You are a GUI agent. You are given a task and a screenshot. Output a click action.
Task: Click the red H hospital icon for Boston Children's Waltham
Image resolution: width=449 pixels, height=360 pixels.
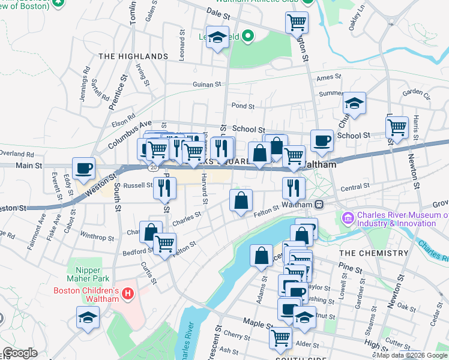(127, 293)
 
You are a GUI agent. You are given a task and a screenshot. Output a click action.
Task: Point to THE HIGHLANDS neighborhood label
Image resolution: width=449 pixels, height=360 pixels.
(133, 56)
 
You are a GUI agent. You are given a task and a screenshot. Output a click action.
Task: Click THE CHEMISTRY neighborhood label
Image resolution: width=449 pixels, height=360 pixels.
(374, 253)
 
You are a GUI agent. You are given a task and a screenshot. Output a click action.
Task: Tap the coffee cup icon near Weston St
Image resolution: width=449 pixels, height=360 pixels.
(83, 169)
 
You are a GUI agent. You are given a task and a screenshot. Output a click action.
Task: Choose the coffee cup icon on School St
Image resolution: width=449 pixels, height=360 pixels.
(322, 141)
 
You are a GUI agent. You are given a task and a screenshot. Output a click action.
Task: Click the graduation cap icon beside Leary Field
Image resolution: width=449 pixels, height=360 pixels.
(217, 38)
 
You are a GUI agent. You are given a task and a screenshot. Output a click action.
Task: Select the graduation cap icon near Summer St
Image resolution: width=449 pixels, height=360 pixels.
(355, 104)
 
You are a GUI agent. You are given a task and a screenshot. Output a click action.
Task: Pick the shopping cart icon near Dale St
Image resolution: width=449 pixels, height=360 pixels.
(297, 23)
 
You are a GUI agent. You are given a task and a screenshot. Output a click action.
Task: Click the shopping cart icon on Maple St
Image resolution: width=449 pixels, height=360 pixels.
(280, 338)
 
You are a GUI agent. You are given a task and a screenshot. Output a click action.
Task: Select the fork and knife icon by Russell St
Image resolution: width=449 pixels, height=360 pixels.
(164, 188)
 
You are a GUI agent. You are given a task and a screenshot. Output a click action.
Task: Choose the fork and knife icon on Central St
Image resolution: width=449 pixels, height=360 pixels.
(294, 188)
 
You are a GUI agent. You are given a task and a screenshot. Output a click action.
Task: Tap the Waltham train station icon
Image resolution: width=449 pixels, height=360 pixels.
(319, 204)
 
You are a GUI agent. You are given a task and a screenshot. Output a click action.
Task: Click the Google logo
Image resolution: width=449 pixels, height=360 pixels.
(20, 353)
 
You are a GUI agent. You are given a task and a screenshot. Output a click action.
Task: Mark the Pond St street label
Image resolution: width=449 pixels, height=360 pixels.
(243, 106)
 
